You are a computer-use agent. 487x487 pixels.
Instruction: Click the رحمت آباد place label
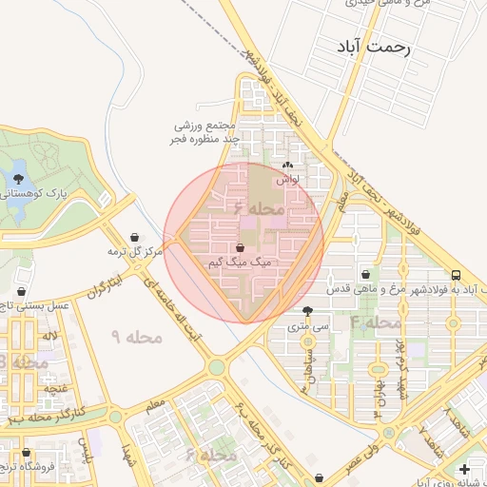click(372, 48)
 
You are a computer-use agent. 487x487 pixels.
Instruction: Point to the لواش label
click(287, 178)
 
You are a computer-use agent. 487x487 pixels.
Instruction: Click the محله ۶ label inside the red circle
click(258, 206)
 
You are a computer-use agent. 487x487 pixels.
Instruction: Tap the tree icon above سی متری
click(306, 310)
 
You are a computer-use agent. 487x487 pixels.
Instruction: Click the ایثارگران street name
click(106, 288)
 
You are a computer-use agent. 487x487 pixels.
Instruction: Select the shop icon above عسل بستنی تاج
click(21, 291)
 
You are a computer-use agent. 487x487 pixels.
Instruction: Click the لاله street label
click(49, 336)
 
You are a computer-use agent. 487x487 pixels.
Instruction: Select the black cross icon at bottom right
click(463, 469)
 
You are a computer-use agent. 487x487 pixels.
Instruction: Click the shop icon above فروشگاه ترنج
click(26, 453)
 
